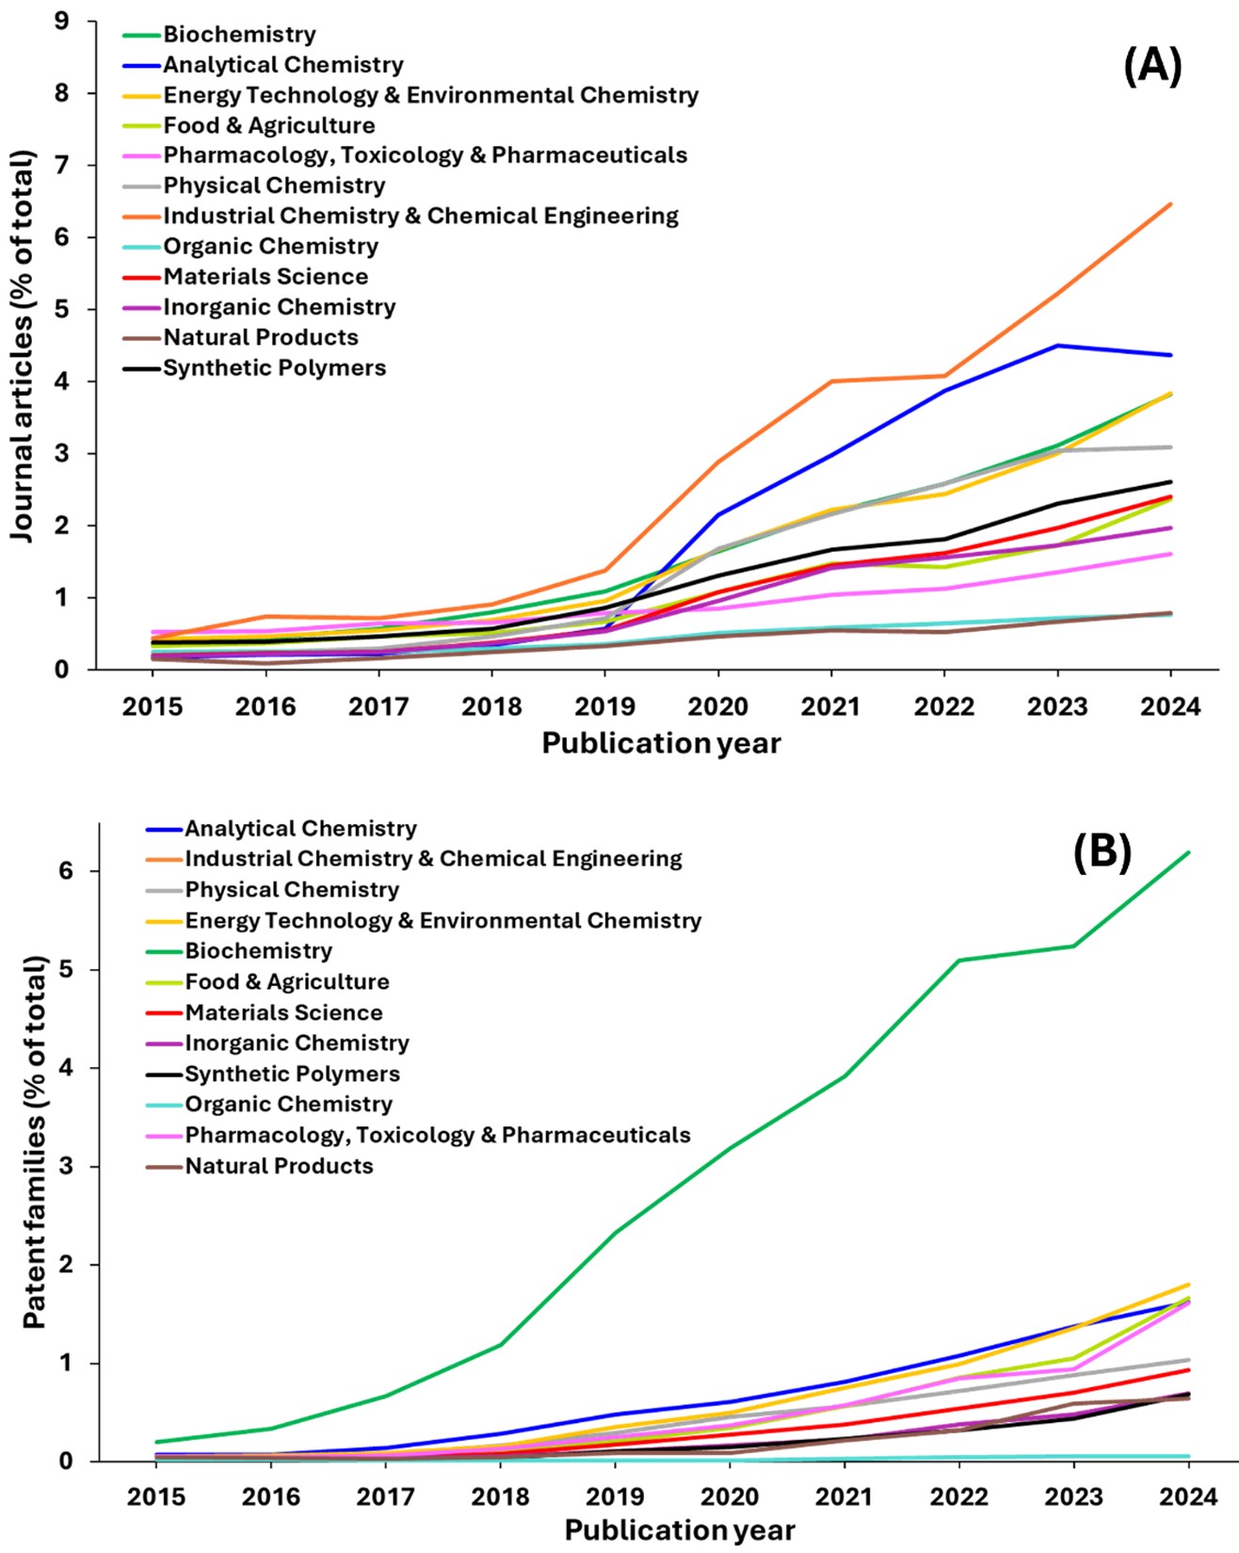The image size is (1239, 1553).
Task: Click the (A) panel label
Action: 1152,67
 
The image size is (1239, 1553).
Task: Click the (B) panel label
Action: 1102,851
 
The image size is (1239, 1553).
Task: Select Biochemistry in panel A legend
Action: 239,35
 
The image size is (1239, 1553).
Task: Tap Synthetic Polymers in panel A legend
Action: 274,368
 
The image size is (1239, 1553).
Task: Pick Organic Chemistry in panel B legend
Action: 288,1104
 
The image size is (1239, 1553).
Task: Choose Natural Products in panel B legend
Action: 279,1166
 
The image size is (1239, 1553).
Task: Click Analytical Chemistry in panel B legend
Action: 300,829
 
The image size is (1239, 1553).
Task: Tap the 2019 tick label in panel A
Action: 604,707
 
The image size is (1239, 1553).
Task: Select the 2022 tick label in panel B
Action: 958,1496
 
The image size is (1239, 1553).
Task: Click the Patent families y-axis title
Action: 35,1141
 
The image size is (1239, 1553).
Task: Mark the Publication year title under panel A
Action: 661,744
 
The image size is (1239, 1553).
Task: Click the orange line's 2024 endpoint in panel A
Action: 1170,203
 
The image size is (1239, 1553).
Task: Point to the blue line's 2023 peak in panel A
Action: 1057,346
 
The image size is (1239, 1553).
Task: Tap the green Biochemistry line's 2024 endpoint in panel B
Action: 1188,852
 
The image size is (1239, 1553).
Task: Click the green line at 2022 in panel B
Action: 958,961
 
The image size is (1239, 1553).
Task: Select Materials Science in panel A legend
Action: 265,277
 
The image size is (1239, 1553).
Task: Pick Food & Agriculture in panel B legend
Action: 286,982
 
